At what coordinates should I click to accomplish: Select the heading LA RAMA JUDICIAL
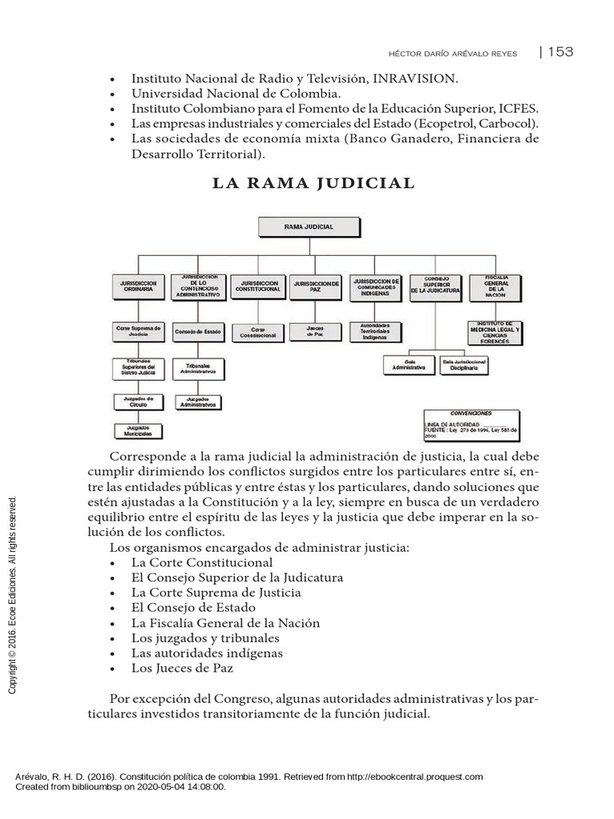tap(313, 183)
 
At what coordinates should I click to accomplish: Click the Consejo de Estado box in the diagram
tap(197, 330)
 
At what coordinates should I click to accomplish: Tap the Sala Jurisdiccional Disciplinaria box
tap(464, 366)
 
